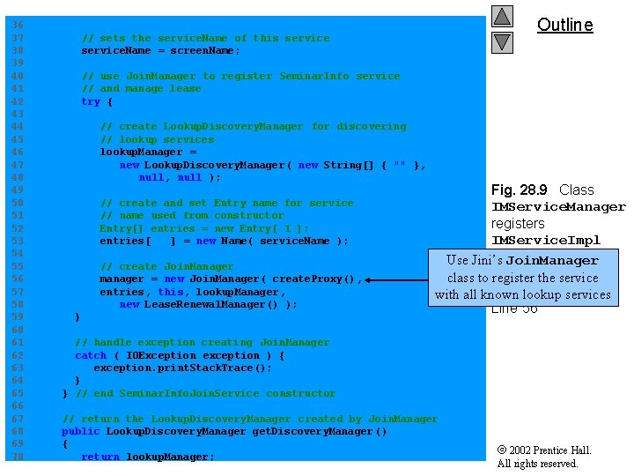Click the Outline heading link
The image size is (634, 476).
565,25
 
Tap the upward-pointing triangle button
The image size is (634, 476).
502,17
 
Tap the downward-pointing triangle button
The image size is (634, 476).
502,41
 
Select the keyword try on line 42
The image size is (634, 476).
91,101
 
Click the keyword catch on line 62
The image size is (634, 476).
91,355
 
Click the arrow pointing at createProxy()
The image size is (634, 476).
397,279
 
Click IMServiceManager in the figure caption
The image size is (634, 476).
558,207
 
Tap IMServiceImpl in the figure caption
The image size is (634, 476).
546,241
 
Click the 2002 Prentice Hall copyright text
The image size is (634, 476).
544,450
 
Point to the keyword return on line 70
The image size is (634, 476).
100,457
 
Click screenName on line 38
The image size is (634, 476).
202,50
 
